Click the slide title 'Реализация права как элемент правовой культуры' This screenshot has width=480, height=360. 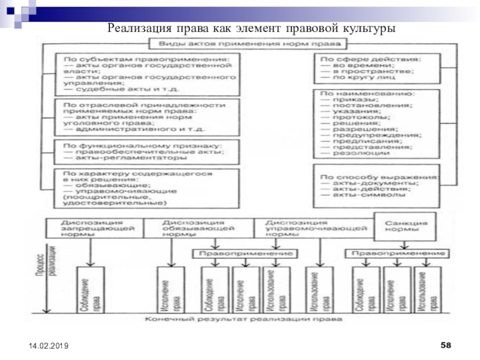(251, 28)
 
